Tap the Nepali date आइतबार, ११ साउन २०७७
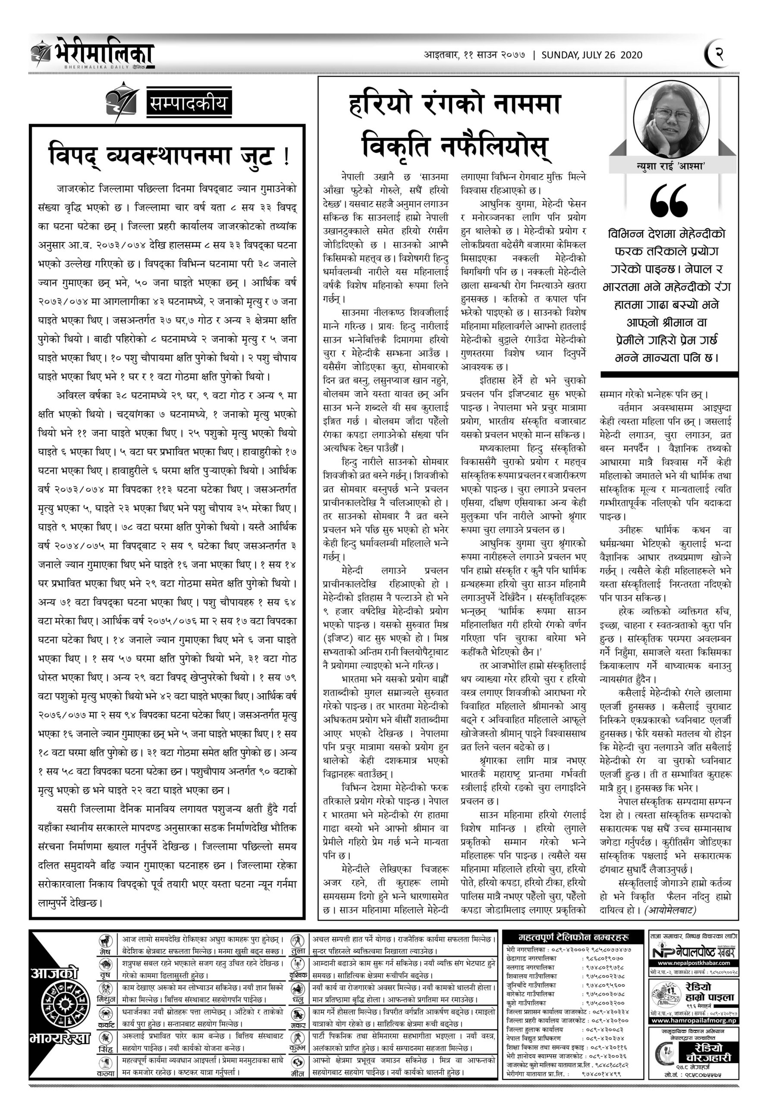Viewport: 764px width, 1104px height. point(475,55)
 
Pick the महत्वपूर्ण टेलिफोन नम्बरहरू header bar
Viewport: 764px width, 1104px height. point(573,938)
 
